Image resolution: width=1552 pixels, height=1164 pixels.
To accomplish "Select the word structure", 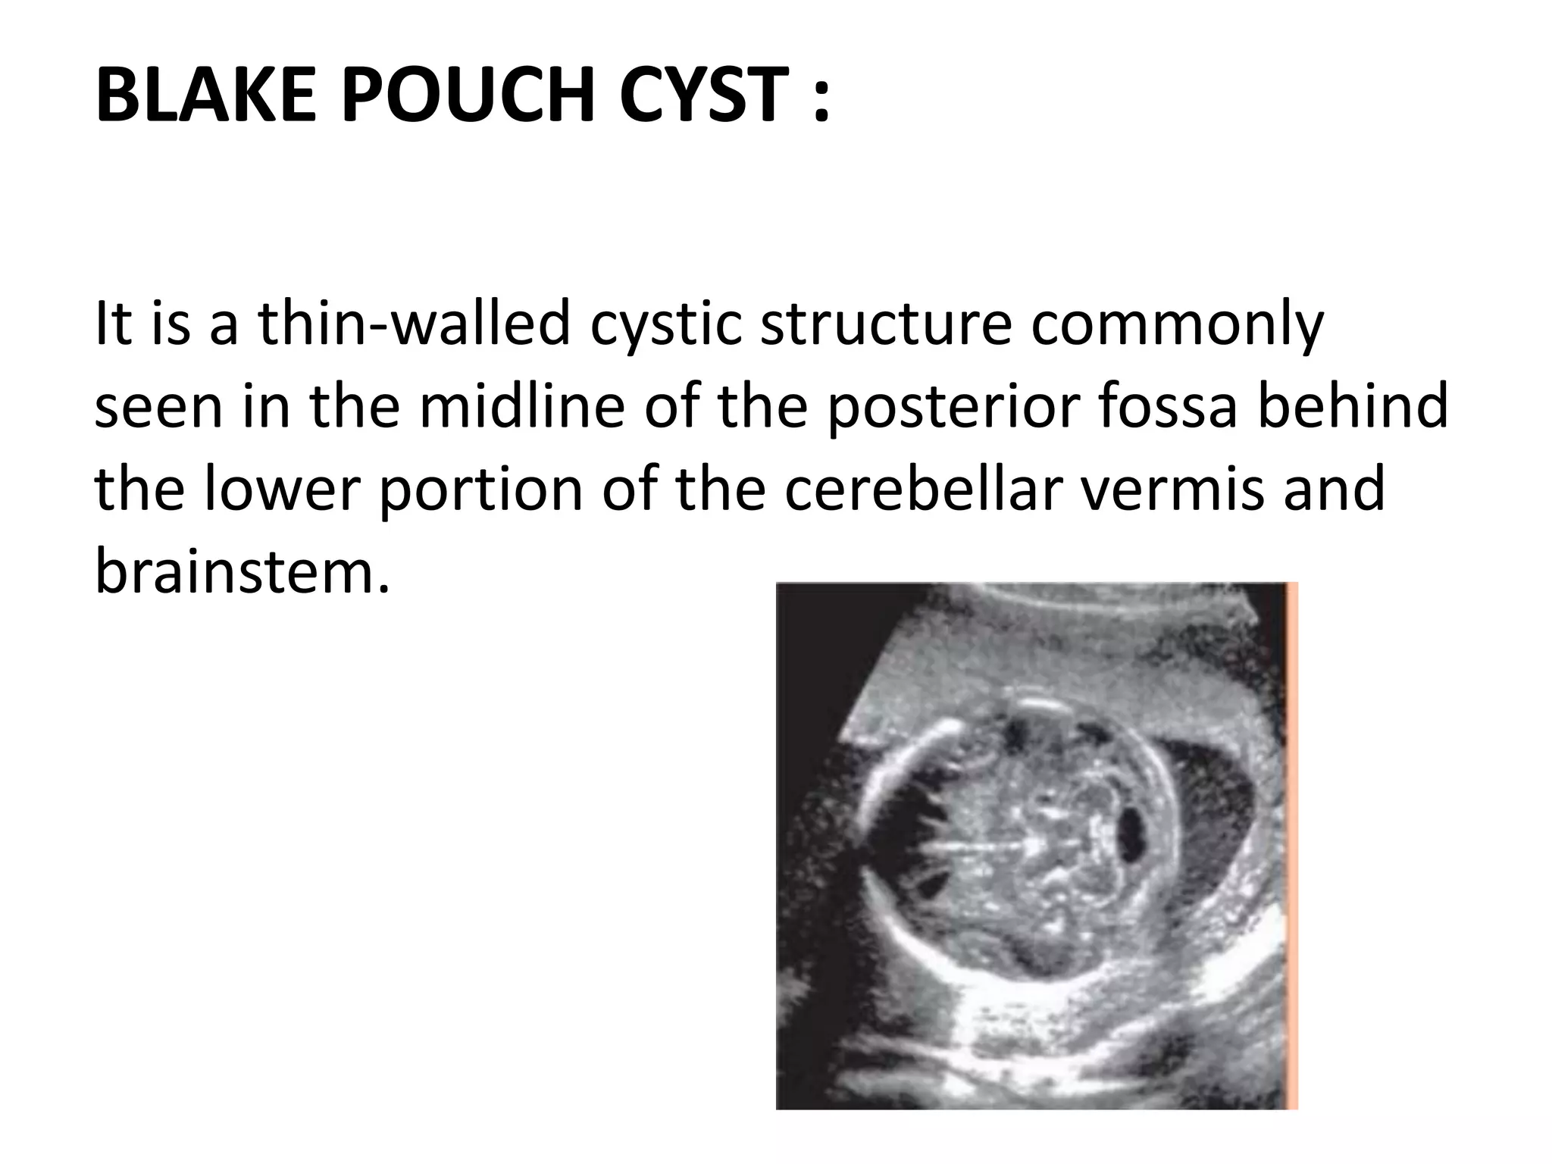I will point(886,324).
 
